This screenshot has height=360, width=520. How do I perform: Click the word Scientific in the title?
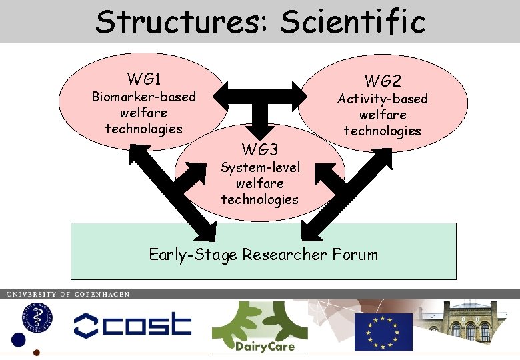pos(353,21)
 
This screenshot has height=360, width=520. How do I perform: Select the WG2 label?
pos(382,81)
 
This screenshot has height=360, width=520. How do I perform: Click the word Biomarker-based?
pos(143,97)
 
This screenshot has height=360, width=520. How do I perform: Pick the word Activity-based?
pos(382,99)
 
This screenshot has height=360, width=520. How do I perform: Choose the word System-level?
pos(260,167)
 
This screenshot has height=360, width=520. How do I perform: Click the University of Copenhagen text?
pos(68,294)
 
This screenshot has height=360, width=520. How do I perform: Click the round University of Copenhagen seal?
pos(28,317)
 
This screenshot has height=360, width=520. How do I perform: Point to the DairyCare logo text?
pos(265,346)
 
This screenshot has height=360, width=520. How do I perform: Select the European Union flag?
pos(383,331)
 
